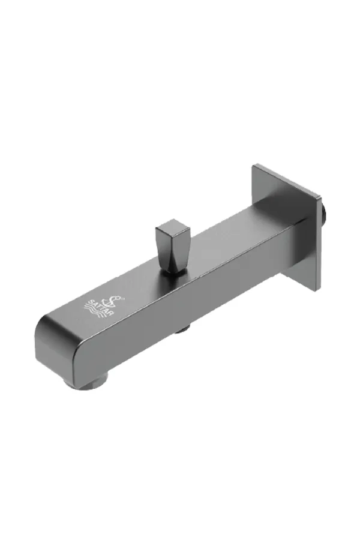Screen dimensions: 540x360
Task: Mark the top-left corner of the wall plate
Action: click(x=254, y=165)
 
